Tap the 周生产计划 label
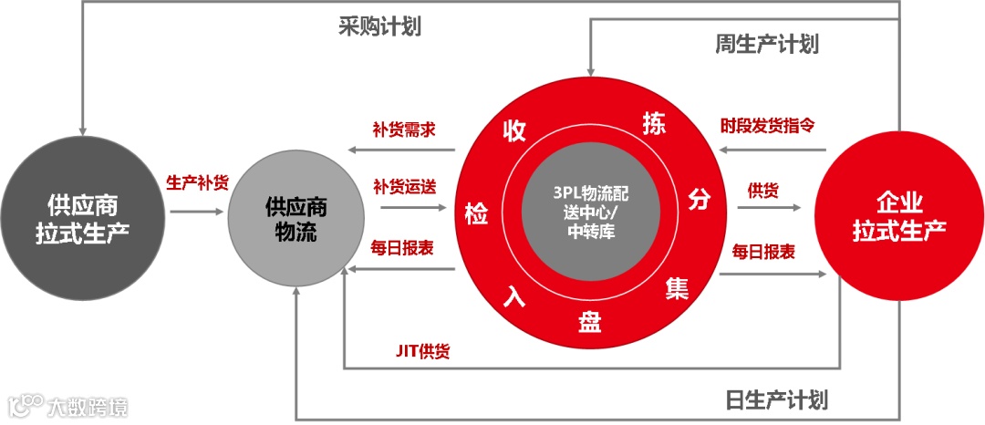tap(766, 44)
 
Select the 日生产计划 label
tap(776, 399)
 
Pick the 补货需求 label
tap(403, 129)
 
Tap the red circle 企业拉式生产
tap(899, 215)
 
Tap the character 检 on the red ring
tap(475, 212)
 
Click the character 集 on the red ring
tap(677, 289)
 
